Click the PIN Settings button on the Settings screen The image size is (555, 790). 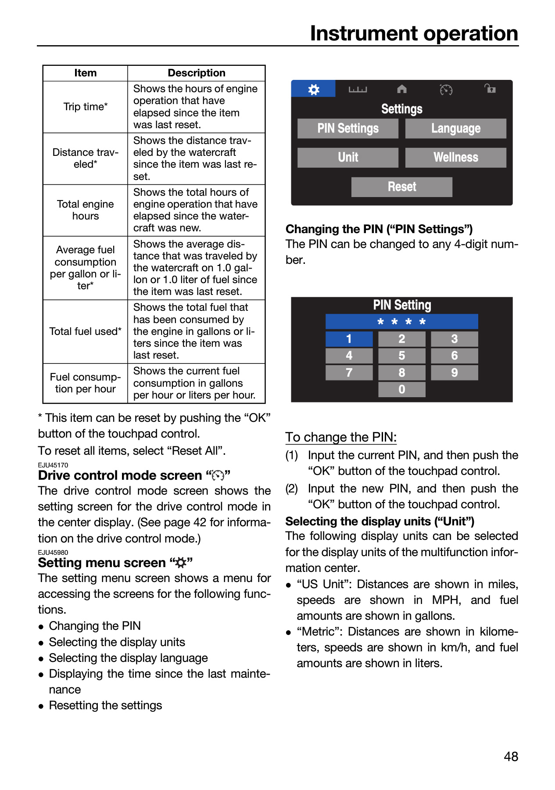(x=348, y=129)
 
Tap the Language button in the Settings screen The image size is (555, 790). (x=455, y=129)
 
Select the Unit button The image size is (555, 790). (x=348, y=158)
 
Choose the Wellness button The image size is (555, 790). (x=455, y=158)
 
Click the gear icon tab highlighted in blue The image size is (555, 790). (x=314, y=89)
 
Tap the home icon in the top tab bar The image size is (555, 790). (x=402, y=89)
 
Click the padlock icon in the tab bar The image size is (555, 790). (x=490, y=89)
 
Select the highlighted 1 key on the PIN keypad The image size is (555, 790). (x=349, y=339)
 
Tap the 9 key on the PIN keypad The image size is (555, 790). (x=455, y=373)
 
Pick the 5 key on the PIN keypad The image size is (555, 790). (x=402, y=355)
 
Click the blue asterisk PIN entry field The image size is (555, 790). (x=402, y=322)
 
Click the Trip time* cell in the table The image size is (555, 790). (x=86, y=107)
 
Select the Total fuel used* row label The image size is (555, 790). (x=86, y=331)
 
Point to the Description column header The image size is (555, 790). (x=197, y=73)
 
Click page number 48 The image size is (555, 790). (x=511, y=757)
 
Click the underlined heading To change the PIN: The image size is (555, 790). (x=341, y=437)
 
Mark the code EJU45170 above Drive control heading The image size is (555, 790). (x=53, y=465)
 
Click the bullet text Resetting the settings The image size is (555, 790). (x=105, y=705)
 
